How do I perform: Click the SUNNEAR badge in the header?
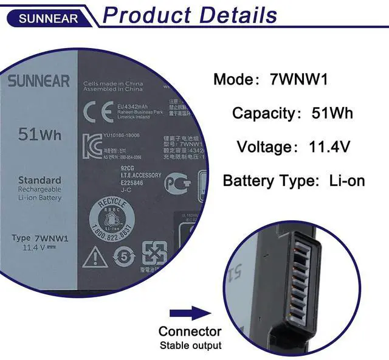click(48, 18)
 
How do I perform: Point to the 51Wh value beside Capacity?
click(331, 113)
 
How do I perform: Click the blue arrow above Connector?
click(189, 314)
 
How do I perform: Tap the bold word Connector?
click(190, 331)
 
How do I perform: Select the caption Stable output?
click(190, 345)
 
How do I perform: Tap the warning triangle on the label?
click(95, 257)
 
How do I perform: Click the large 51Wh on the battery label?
click(40, 134)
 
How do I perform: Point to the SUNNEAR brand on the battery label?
click(38, 81)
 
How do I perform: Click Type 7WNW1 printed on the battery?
click(40, 238)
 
